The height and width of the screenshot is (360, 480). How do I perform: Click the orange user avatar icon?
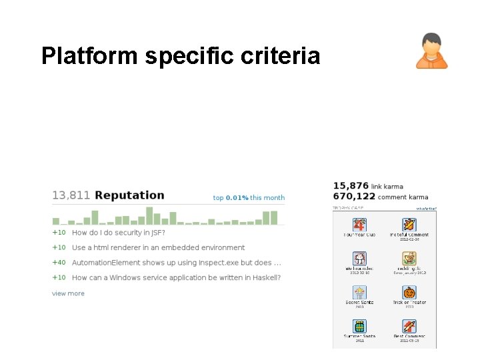[x=432, y=51]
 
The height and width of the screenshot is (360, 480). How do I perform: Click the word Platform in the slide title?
[x=89, y=55]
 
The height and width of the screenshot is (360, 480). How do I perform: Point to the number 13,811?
[x=71, y=195]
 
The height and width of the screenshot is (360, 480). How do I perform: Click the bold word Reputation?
[x=129, y=195]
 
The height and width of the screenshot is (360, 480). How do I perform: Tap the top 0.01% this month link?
[x=249, y=198]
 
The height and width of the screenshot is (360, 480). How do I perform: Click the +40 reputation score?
[x=59, y=263]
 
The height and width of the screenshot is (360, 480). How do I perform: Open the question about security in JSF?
[x=118, y=233]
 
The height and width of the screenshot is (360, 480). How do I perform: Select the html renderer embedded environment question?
[x=158, y=248]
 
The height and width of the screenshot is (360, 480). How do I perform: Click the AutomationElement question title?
[x=176, y=263]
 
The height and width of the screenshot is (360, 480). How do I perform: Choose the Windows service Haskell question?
[x=176, y=277]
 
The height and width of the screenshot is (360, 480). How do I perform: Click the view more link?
[x=68, y=293]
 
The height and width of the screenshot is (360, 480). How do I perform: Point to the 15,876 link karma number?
[x=350, y=185]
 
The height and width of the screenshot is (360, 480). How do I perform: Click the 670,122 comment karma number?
[x=353, y=197]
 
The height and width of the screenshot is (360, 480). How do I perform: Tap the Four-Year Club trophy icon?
[x=360, y=225]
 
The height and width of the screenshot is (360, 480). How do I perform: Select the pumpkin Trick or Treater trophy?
[x=409, y=292]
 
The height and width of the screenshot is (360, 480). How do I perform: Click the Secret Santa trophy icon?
[x=360, y=292]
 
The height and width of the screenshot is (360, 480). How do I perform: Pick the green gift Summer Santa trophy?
[x=360, y=326]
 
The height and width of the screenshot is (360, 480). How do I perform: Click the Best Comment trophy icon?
[x=409, y=326]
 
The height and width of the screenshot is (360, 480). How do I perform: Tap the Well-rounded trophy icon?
[x=360, y=258]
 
